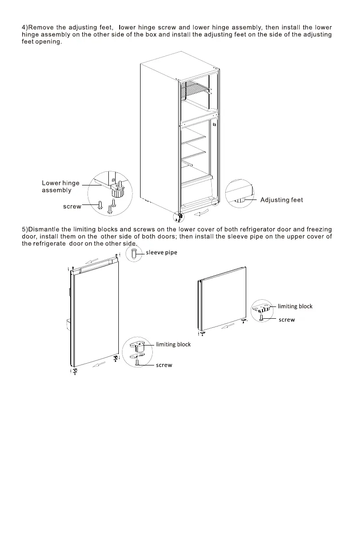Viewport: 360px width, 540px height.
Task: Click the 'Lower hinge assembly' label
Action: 60,187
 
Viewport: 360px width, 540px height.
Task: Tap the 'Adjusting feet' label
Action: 282,200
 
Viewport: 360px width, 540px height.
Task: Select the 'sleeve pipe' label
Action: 161,253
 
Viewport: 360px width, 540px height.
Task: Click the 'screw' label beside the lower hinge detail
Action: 72,206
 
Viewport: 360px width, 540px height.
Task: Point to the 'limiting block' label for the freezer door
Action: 295,306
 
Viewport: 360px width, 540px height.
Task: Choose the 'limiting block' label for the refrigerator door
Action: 173,344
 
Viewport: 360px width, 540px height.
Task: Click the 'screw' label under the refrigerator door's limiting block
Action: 164,365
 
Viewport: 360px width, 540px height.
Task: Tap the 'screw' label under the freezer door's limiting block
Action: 287,320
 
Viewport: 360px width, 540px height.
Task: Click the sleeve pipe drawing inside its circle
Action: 134,253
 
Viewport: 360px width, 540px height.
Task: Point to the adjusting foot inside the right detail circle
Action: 240,199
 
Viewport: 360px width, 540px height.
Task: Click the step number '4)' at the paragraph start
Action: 25,28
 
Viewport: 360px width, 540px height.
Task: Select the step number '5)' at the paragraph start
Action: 25,229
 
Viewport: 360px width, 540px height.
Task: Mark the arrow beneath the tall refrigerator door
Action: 99,365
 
